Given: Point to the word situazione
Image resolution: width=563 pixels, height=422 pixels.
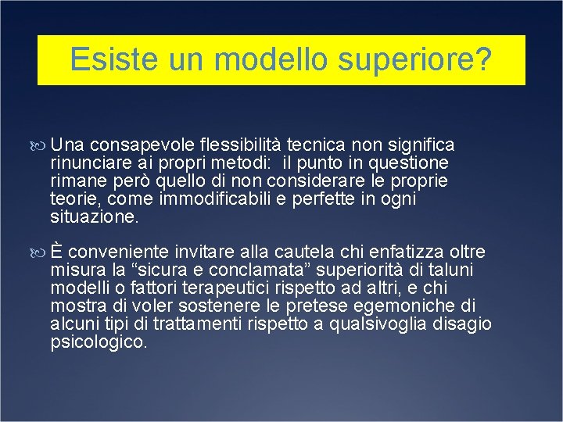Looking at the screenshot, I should (x=94, y=217).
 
